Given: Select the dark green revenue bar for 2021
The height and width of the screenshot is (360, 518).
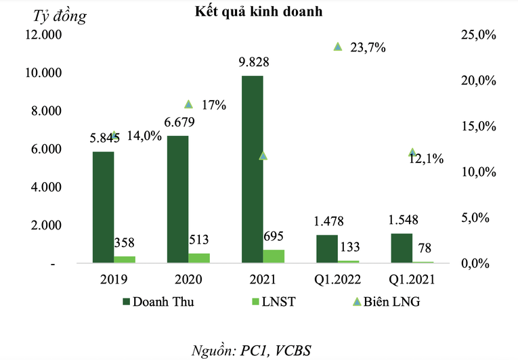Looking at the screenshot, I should (x=253, y=169).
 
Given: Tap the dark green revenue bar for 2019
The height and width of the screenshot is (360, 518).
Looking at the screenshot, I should (x=103, y=206).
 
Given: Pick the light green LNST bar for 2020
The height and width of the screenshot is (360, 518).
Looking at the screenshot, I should (x=199, y=258).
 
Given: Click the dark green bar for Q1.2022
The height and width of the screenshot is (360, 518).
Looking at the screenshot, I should (x=327, y=248).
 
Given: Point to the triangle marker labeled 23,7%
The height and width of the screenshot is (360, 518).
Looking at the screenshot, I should (x=338, y=47).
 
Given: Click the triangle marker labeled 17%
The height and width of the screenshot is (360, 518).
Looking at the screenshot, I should (x=189, y=104).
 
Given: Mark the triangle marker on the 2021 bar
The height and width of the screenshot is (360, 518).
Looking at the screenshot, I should (x=263, y=156).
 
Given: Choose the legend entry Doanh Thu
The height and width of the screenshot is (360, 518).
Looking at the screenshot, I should (x=158, y=302).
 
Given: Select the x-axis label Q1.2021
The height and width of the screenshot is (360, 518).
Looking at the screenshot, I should (x=411, y=279).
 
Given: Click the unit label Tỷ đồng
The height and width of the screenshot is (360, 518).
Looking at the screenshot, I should (x=60, y=17).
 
